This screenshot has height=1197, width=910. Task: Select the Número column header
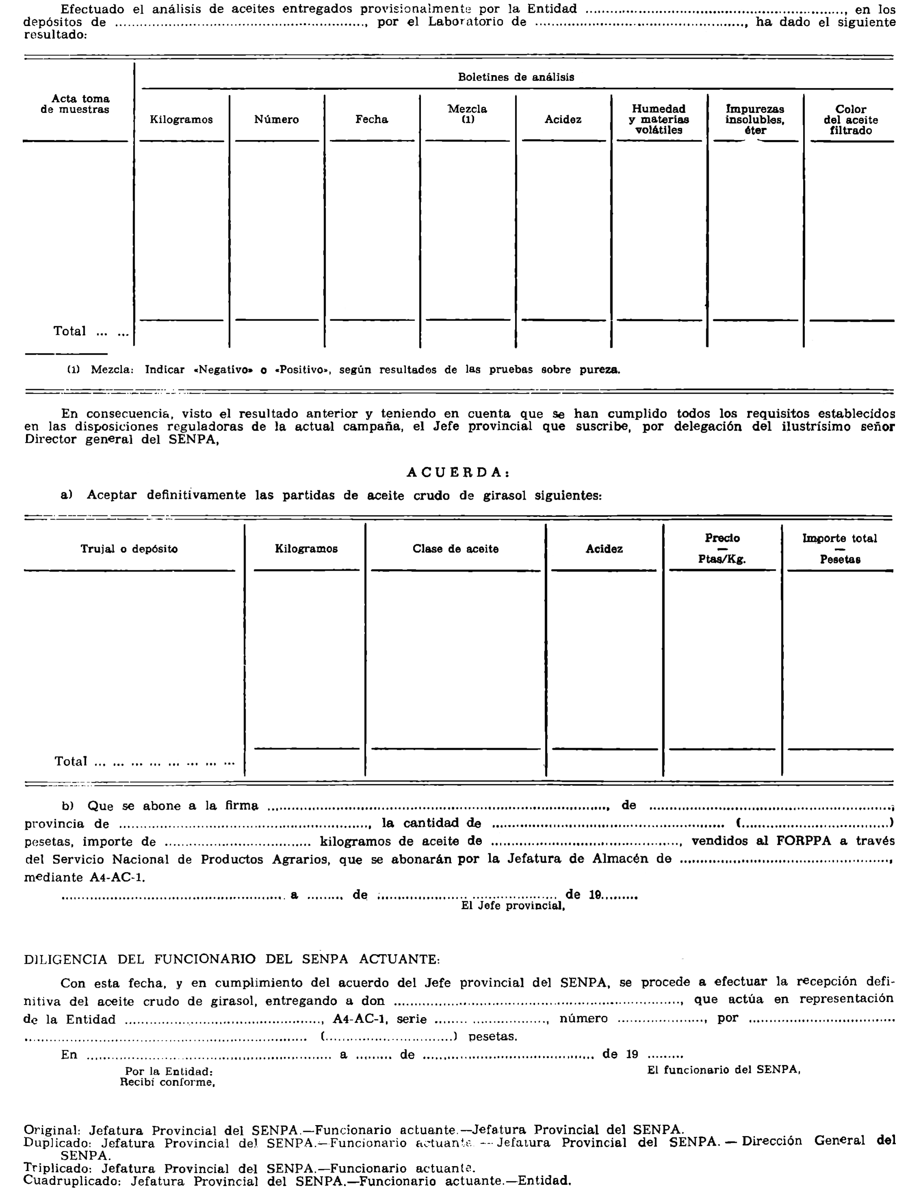point(276,120)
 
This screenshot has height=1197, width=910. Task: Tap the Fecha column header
point(372,120)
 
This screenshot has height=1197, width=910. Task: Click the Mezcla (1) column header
point(467,114)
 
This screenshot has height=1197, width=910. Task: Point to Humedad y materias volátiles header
point(659,120)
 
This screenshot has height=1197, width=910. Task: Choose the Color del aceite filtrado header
point(850,120)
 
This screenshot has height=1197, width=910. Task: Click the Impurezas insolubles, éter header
point(754,120)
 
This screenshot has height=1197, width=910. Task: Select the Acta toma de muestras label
point(80,104)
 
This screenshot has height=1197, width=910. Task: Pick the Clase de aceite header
point(455,549)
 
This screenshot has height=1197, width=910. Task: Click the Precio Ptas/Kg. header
point(722,549)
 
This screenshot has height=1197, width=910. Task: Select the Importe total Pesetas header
point(839,549)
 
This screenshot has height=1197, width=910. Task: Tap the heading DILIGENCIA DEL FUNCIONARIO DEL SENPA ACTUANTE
point(232,959)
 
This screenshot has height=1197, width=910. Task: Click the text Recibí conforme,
point(167,1082)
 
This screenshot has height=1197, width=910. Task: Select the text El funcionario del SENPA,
point(723,1069)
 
